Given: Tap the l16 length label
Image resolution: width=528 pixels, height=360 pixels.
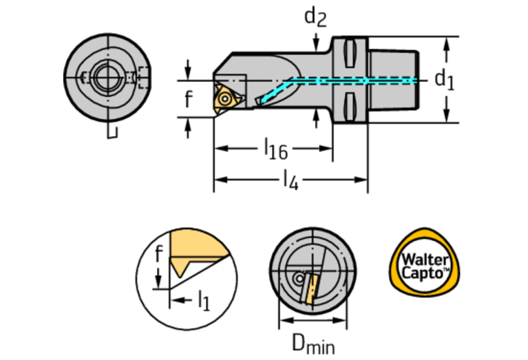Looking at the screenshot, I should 275,149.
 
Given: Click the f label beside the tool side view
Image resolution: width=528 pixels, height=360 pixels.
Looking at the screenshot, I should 188,100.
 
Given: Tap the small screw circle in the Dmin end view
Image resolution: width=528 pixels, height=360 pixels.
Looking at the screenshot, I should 297,279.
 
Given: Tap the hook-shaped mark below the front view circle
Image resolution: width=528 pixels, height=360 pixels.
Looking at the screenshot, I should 112,132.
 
